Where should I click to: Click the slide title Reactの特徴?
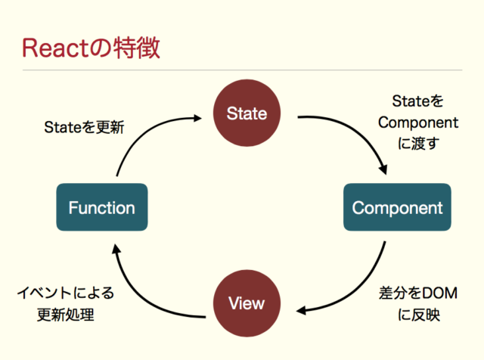click(91, 48)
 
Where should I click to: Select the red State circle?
click(247, 113)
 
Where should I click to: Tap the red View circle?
click(247, 303)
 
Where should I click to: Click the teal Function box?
click(102, 207)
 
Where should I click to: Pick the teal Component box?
click(397, 207)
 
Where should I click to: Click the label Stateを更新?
click(83, 128)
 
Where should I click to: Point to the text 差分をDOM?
click(417, 293)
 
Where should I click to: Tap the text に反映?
click(418, 315)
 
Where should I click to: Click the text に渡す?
click(418, 141)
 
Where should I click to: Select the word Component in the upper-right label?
click(418, 122)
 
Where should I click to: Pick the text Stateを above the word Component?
click(418, 101)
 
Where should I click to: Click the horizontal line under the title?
click(242, 70)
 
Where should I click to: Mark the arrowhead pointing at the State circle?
click(198, 118)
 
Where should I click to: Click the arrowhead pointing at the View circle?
click(301, 310)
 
